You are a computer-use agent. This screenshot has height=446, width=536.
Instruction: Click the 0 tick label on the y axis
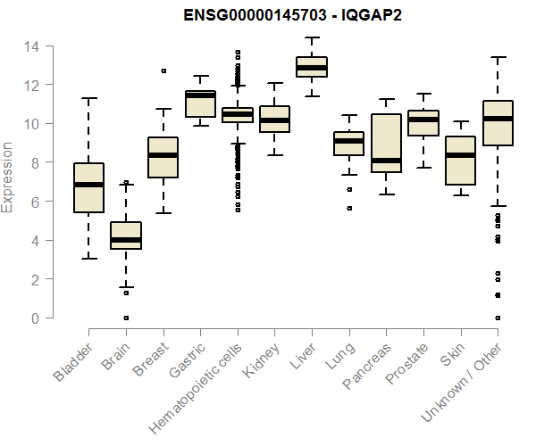(x=36, y=318)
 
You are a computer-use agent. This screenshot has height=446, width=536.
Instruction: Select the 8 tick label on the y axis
(x=36, y=162)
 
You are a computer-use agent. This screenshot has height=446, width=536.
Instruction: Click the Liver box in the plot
(x=312, y=67)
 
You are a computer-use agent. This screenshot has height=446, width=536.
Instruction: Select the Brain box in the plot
(x=126, y=235)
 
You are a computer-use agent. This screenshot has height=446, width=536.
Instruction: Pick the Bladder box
(x=88, y=188)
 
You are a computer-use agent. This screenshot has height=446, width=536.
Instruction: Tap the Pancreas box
(x=386, y=143)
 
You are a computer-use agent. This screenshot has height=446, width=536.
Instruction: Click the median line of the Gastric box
(x=200, y=95)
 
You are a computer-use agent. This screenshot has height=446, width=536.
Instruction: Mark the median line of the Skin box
(x=460, y=155)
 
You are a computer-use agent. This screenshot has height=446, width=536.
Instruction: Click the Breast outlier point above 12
(x=163, y=70)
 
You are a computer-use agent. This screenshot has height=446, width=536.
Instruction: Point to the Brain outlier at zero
(x=126, y=318)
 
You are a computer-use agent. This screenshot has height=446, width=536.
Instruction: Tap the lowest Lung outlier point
(x=349, y=208)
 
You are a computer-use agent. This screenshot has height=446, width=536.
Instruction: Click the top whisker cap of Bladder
(x=88, y=98)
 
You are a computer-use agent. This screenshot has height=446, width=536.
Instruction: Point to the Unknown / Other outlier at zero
(x=497, y=318)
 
